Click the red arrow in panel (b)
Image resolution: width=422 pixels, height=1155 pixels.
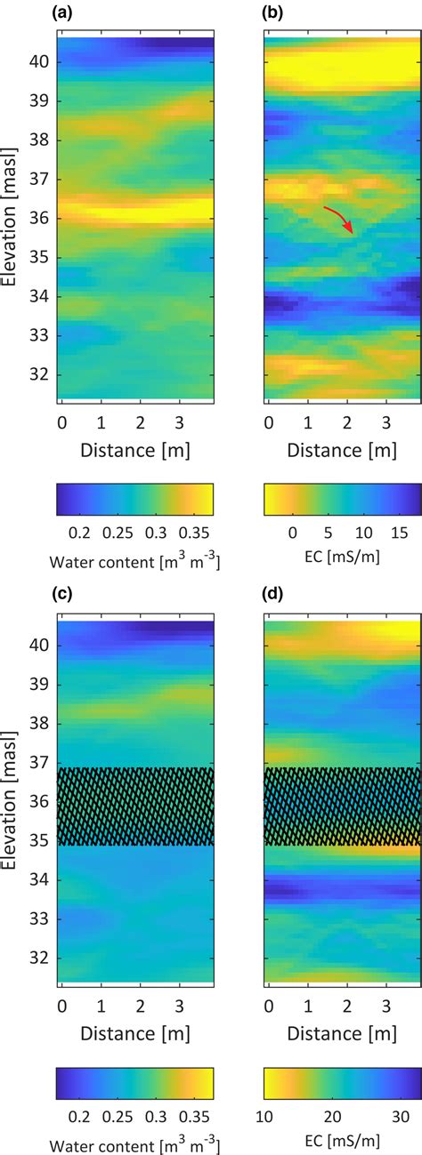(x=339, y=219)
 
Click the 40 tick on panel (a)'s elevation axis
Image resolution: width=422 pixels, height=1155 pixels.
(x=39, y=62)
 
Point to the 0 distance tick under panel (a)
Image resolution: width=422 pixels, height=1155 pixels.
(x=61, y=420)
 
